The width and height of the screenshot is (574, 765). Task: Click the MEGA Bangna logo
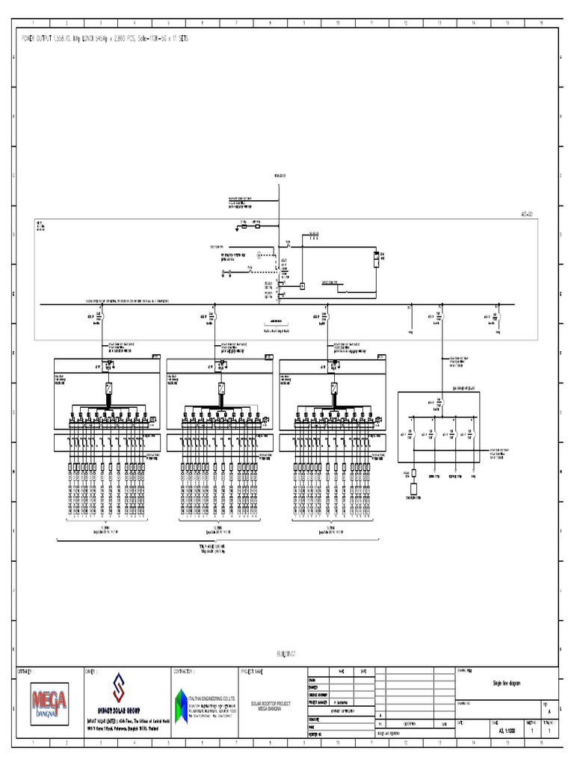pyautogui.click(x=49, y=701)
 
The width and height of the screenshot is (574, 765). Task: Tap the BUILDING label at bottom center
pyautogui.click(x=286, y=654)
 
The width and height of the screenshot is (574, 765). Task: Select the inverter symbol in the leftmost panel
pyautogui.click(x=109, y=388)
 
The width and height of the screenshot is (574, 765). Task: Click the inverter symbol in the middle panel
pyautogui.click(x=222, y=388)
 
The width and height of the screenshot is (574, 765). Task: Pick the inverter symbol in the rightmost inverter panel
pyautogui.click(x=334, y=388)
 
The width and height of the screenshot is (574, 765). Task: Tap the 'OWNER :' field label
pyautogui.click(x=92, y=671)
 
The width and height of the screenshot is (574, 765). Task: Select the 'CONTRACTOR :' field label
pyautogui.click(x=184, y=671)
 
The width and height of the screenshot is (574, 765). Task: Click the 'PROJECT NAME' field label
pyautogui.click(x=252, y=671)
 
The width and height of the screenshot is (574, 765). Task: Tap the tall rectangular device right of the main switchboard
pyautogui.click(x=376, y=259)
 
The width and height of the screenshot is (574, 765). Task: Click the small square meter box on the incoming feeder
pyautogui.click(x=302, y=286)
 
